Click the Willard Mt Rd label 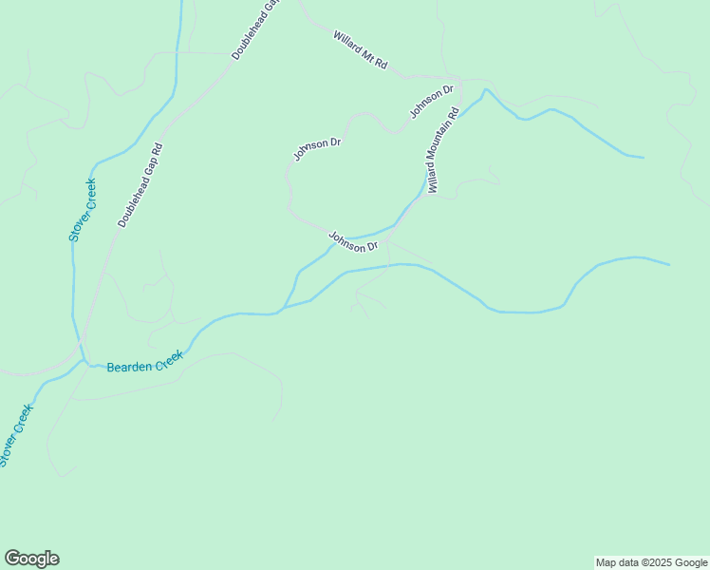point(361,49)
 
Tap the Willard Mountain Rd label point(442,150)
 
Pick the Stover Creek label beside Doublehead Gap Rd point(83,210)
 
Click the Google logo point(31,559)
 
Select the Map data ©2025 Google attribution point(652,562)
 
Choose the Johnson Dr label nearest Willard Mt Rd point(432,103)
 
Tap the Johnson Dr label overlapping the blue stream point(353,241)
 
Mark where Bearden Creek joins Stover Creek point(84,362)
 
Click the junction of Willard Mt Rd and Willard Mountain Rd point(459,78)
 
